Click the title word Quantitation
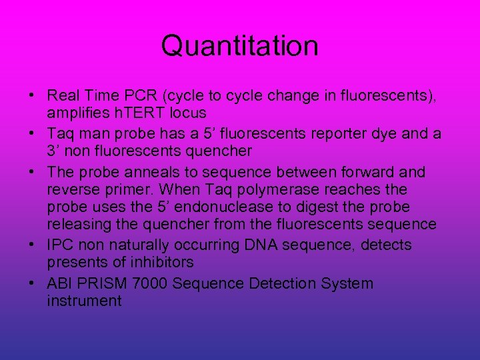pyautogui.click(x=239, y=46)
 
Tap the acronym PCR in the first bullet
pyautogui.click(x=143, y=95)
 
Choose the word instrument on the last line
pyautogui.click(x=84, y=301)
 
